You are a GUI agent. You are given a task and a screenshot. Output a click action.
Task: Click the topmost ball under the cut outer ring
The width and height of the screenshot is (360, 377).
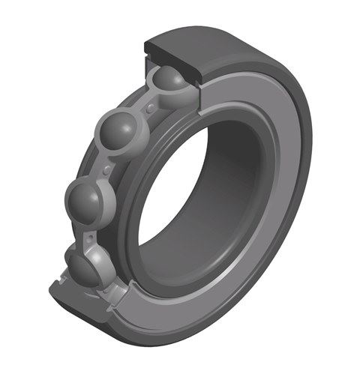pos(170,85)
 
